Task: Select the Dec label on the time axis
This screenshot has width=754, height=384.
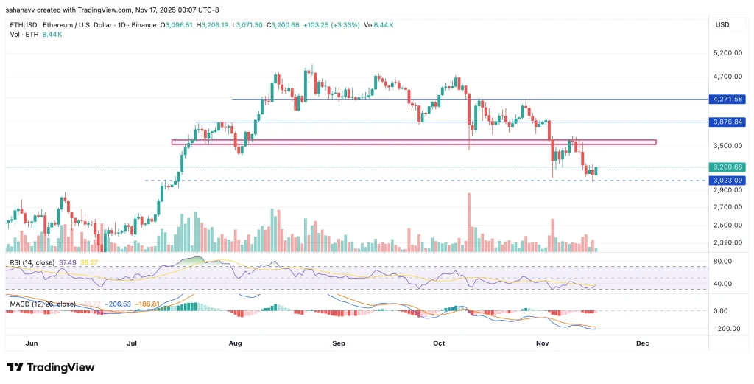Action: click(x=642, y=343)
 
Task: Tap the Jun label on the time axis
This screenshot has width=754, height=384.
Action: click(x=31, y=343)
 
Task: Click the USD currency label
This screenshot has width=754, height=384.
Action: click(x=722, y=25)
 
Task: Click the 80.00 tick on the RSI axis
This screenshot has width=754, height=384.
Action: click(x=722, y=260)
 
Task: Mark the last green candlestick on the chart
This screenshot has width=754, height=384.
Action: click(x=596, y=171)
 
